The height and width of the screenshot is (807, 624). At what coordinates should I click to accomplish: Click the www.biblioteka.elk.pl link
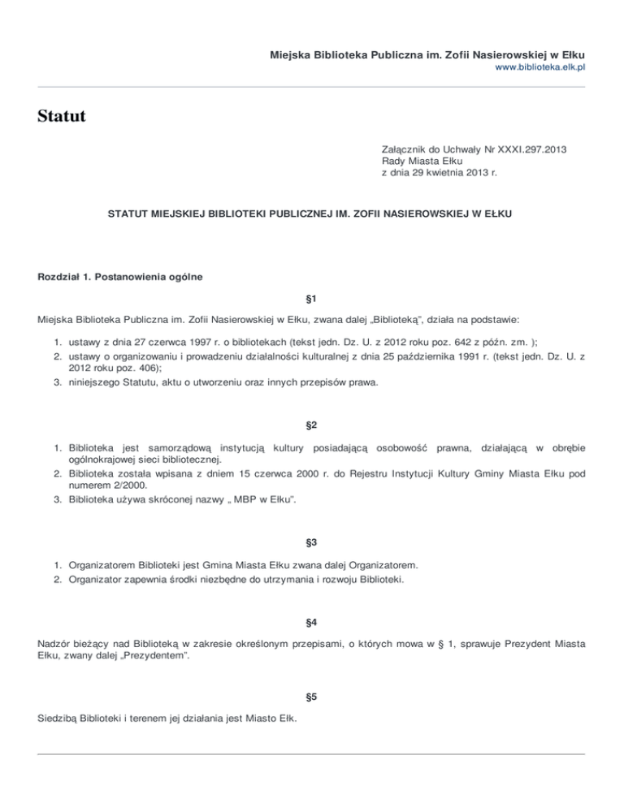(539, 68)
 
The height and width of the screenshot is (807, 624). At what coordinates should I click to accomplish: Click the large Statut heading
(62, 117)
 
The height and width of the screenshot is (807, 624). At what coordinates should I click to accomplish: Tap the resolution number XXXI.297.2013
(526, 150)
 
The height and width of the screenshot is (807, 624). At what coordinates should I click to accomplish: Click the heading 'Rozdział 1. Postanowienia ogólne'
(119, 277)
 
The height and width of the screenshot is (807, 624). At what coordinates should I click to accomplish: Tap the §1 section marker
(311, 300)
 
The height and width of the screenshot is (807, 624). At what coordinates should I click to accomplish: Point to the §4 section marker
(311, 623)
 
